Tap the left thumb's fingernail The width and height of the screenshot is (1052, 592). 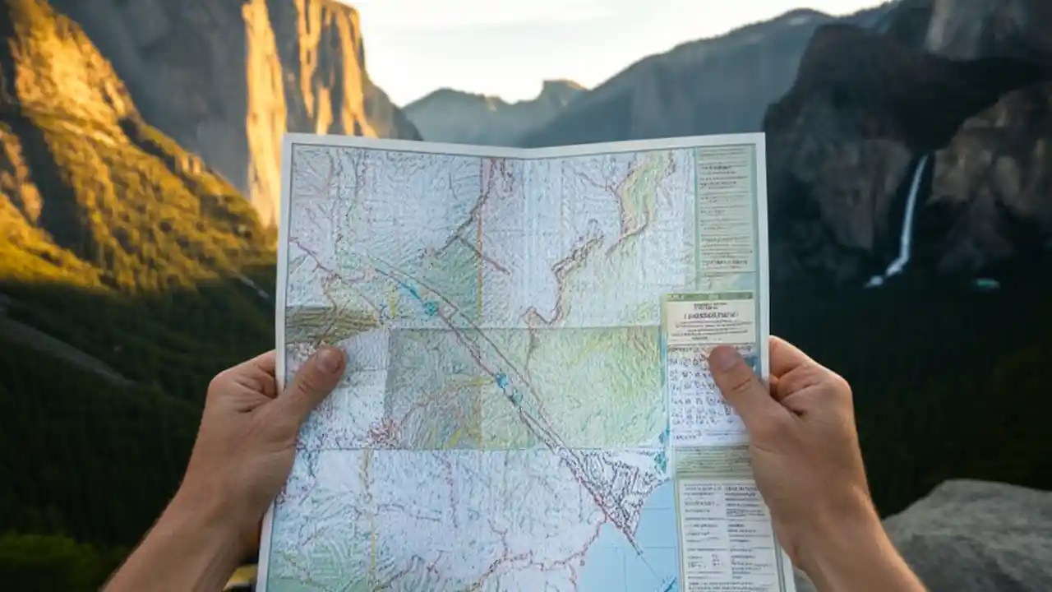pos(330,359)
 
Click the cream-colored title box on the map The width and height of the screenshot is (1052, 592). pos(709,319)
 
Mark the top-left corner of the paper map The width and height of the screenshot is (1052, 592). pos(285,137)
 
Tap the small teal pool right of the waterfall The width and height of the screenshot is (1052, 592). pos(985,284)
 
